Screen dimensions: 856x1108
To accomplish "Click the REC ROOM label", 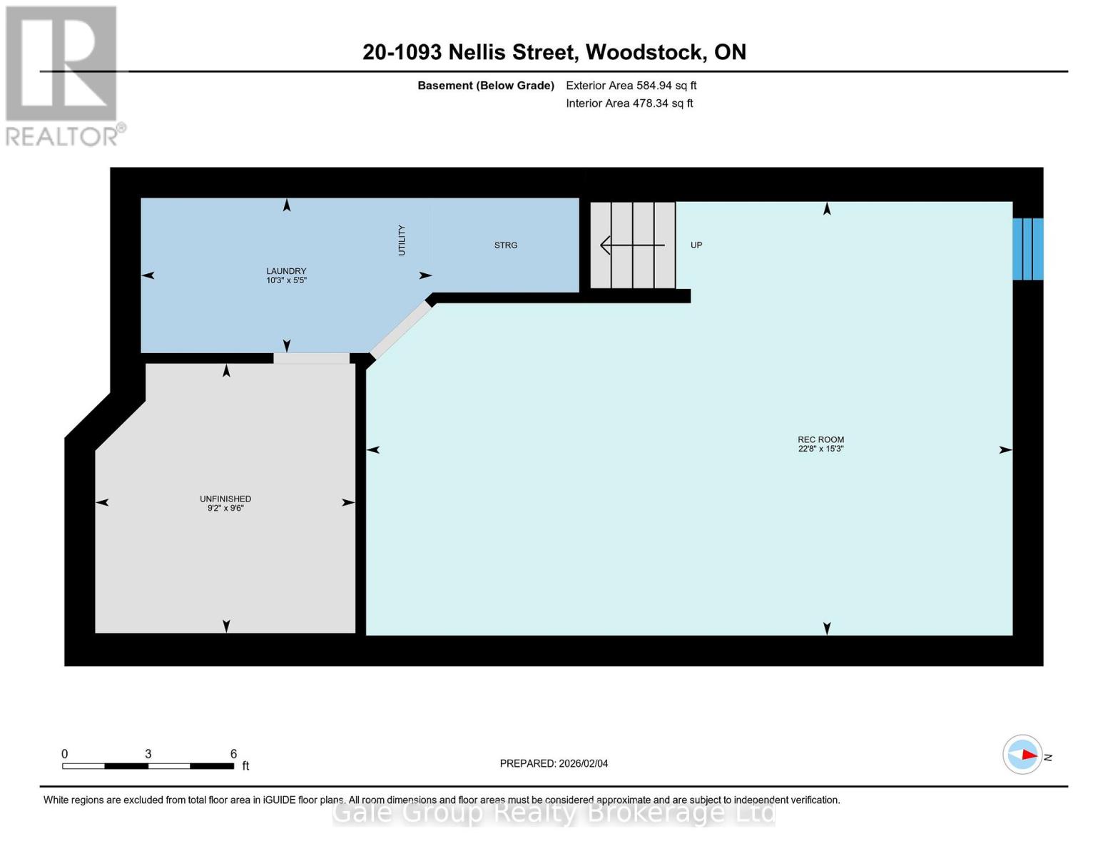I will [820, 439].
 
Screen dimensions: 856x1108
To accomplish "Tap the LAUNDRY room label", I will [286, 271].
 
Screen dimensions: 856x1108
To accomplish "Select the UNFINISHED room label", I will [225, 499].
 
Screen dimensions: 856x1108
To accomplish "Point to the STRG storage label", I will [506, 245].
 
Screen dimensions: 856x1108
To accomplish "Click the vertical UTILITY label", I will [402, 240].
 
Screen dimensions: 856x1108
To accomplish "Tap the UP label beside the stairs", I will [696, 245].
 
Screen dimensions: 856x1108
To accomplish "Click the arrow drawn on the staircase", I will [632, 245].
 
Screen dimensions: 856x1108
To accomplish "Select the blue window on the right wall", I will [1028, 249].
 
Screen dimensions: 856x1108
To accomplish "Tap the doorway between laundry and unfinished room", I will [312, 358].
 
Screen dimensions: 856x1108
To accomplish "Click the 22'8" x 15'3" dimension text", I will [820, 449].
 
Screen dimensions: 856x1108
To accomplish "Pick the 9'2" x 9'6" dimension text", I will [225, 509].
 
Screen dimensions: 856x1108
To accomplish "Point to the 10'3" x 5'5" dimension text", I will [286, 281].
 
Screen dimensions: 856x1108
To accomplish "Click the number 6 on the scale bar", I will [233, 754].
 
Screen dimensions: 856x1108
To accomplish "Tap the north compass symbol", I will [1023, 755].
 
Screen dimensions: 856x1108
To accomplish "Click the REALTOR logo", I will [62, 75].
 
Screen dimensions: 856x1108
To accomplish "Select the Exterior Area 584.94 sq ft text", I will [631, 86].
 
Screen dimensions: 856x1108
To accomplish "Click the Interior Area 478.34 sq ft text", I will [629, 103].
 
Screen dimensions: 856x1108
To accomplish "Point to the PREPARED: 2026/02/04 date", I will [554, 763].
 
